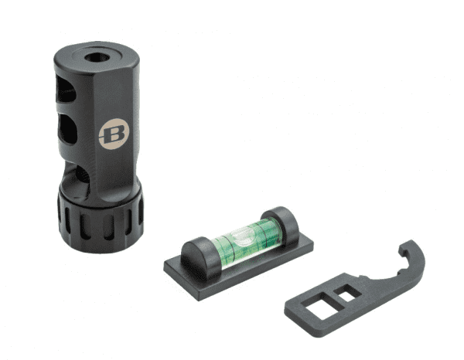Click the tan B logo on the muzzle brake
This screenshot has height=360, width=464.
point(114,134)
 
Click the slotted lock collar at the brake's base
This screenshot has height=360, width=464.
point(101,220)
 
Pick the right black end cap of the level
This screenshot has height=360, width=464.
point(281,224)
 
